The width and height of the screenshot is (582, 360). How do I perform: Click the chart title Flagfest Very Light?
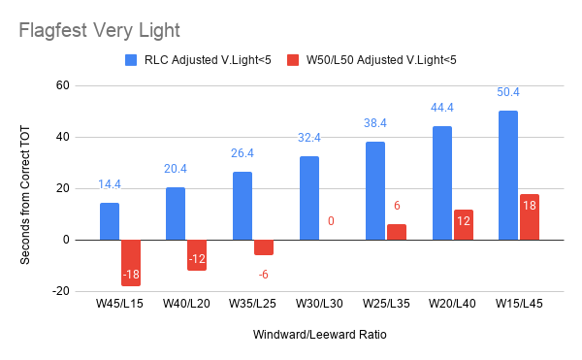point(100,30)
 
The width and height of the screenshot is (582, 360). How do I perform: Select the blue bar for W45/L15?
point(110,221)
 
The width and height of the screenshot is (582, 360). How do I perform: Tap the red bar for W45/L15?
point(131,263)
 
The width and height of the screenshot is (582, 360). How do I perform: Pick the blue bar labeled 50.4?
point(508,176)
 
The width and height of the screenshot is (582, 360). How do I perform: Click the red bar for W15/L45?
point(530,217)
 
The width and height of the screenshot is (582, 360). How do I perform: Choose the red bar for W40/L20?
point(197,255)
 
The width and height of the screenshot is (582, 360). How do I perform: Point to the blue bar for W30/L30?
point(309,198)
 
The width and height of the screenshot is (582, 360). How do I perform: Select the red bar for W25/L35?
point(397,232)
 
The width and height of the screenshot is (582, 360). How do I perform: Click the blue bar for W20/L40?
point(442,183)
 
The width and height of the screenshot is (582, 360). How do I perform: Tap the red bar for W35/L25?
point(264,247)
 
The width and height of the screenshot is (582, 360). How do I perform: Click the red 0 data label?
point(331,221)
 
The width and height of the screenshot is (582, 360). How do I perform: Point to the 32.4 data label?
point(309,138)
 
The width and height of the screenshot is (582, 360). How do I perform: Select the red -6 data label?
point(263,275)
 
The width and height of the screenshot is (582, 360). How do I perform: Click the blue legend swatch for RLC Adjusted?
point(131,60)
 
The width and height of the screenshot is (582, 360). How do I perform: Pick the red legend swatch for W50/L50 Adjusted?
point(293,60)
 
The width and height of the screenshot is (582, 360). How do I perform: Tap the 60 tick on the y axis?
point(63,85)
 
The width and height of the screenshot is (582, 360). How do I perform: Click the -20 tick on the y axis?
point(61,291)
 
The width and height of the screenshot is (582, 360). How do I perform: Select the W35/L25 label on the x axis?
point(252,304)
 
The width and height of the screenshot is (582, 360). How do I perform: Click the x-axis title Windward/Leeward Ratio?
point(319,335)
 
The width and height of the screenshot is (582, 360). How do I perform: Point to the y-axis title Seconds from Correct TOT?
point(25,195)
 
